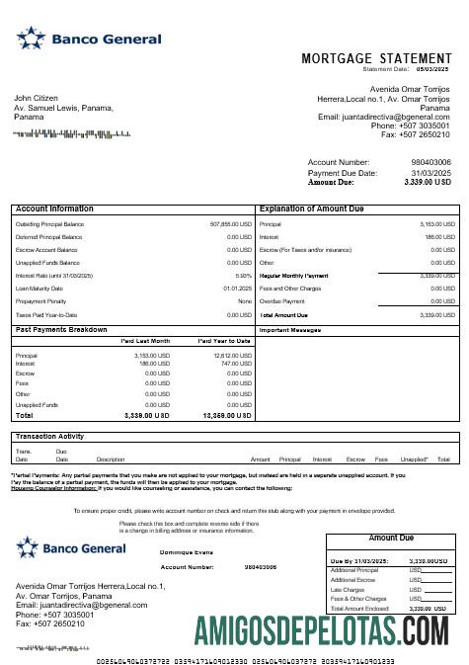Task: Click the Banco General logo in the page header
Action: click(x=89, y=40)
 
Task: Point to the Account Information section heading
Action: click(x=55, y=208)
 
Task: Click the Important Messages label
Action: click(x=292, y=330)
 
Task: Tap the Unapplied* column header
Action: click(x=415, y=459)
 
